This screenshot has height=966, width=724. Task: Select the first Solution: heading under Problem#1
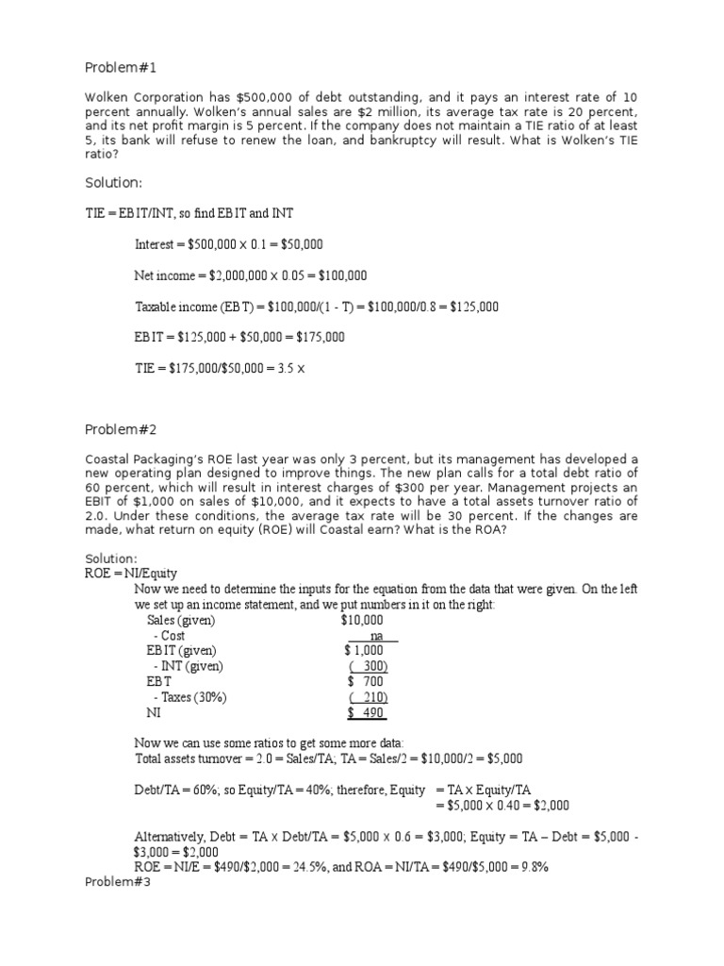[x=112, y=182]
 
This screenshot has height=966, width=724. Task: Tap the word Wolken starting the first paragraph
[x=107, y=97]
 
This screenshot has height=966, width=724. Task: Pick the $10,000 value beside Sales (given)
[x=362, y=620]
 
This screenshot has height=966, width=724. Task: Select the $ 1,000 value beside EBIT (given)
[x=364, y=651]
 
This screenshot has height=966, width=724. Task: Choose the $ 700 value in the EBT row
[x=365, y=681]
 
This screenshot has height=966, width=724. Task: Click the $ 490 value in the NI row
[x=365, y=712]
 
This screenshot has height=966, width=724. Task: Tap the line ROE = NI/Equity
[x=131, y=573]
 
